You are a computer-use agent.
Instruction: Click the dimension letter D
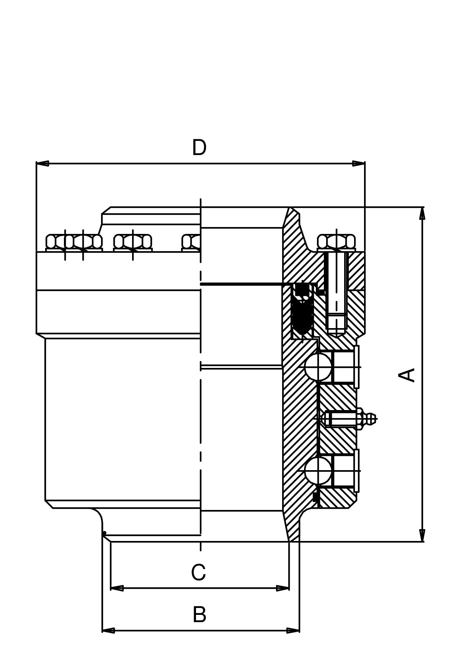[199, 148]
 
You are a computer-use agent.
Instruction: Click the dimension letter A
[407, 375]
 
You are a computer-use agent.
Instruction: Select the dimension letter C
[198, 573]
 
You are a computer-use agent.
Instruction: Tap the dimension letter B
[199, 614]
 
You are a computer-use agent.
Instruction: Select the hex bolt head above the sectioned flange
[336, 242]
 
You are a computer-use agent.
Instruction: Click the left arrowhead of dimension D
[42, 163]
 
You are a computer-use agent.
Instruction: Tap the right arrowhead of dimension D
[359, 163]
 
